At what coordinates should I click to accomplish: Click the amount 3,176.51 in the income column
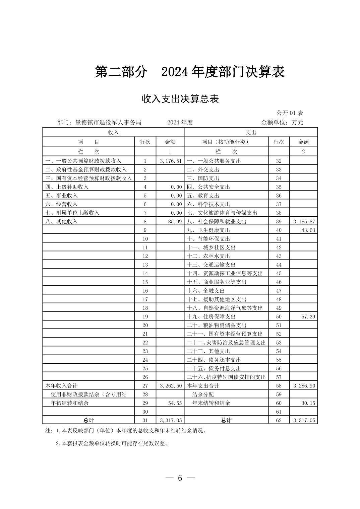pos(171,161)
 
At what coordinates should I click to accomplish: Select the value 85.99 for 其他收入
pos(175,222)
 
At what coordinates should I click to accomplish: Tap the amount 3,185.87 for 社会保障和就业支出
pos(304,222)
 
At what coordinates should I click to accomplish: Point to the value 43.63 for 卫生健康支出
pos(308,230)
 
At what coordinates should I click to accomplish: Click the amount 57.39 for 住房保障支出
pos(308,317)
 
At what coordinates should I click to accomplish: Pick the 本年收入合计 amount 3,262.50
pos(171,386)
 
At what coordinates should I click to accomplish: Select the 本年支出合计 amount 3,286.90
pos(304,386)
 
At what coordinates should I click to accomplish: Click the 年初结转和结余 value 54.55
pos(175,403)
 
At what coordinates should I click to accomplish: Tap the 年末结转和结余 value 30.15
pos(308,403)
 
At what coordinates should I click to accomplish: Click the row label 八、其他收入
pos(62,222)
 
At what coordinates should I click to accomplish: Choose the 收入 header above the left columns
pos(113,133)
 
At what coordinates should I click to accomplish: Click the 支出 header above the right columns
pos(251,133)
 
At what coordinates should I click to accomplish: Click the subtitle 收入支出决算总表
pos(180,99)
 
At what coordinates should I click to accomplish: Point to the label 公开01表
pos(290,113)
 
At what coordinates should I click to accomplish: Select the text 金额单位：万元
pos(282,123)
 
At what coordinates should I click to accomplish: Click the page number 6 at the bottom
pos(180,478)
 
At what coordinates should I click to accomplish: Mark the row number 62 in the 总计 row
pos(279,421)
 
